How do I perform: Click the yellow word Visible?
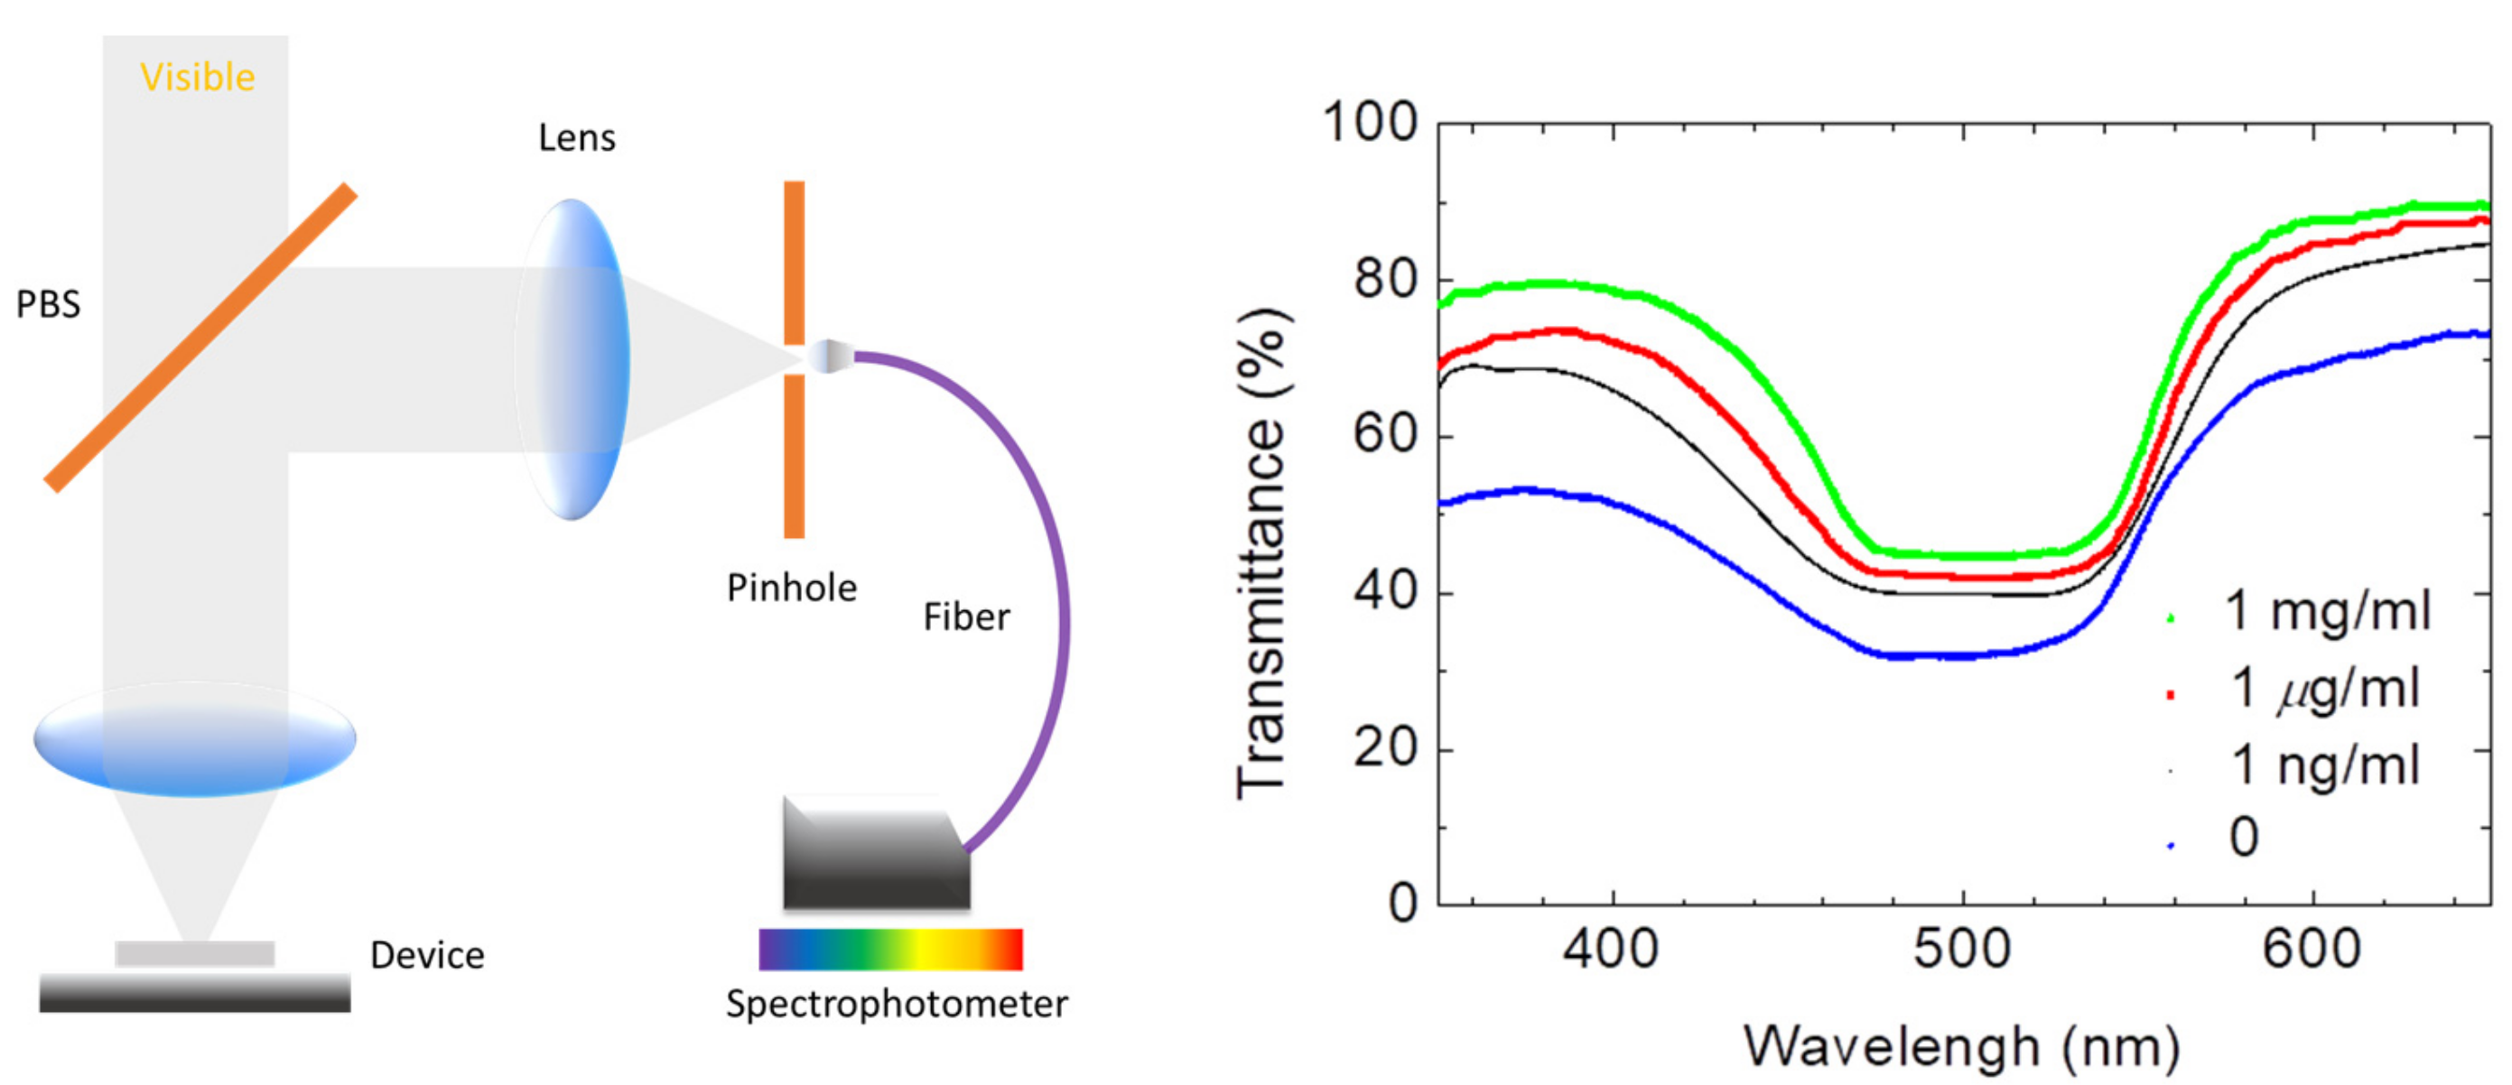(197, 77)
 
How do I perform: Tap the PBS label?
(48, 305)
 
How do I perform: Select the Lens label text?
(576, 138)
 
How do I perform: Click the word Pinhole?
(791, 588)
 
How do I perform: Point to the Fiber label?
(965, 617)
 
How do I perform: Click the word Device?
(427, 955)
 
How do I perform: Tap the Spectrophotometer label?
(896, 1004)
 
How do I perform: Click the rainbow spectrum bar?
(890, 949)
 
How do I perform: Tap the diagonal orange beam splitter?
(200, 338)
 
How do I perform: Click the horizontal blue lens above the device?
(194, 739)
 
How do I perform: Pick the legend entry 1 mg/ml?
(2326, 612)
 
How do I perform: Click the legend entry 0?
(2243, 837)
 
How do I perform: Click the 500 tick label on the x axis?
(1961, 949)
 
